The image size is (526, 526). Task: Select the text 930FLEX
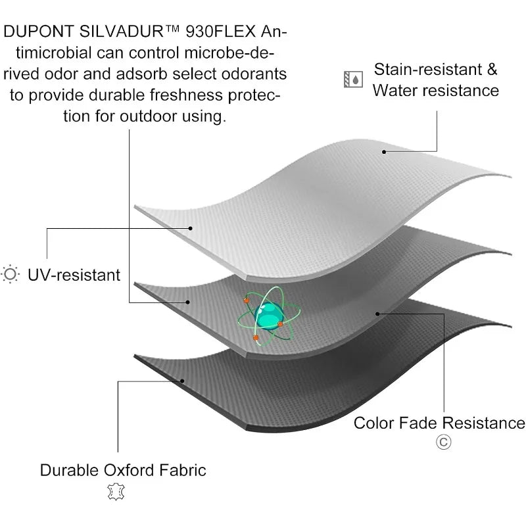point(222,31)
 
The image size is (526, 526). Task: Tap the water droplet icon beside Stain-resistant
point(354,80)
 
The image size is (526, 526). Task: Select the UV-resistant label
point(74,274)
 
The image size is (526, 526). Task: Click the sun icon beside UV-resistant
point(11,274)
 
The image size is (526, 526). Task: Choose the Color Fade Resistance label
point(439,422)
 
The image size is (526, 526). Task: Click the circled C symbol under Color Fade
point(444,442)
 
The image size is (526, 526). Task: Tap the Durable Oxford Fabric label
point(123,470)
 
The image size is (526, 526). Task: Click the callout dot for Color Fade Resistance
point(377,313)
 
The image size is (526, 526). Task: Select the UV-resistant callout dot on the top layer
point(190,228)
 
